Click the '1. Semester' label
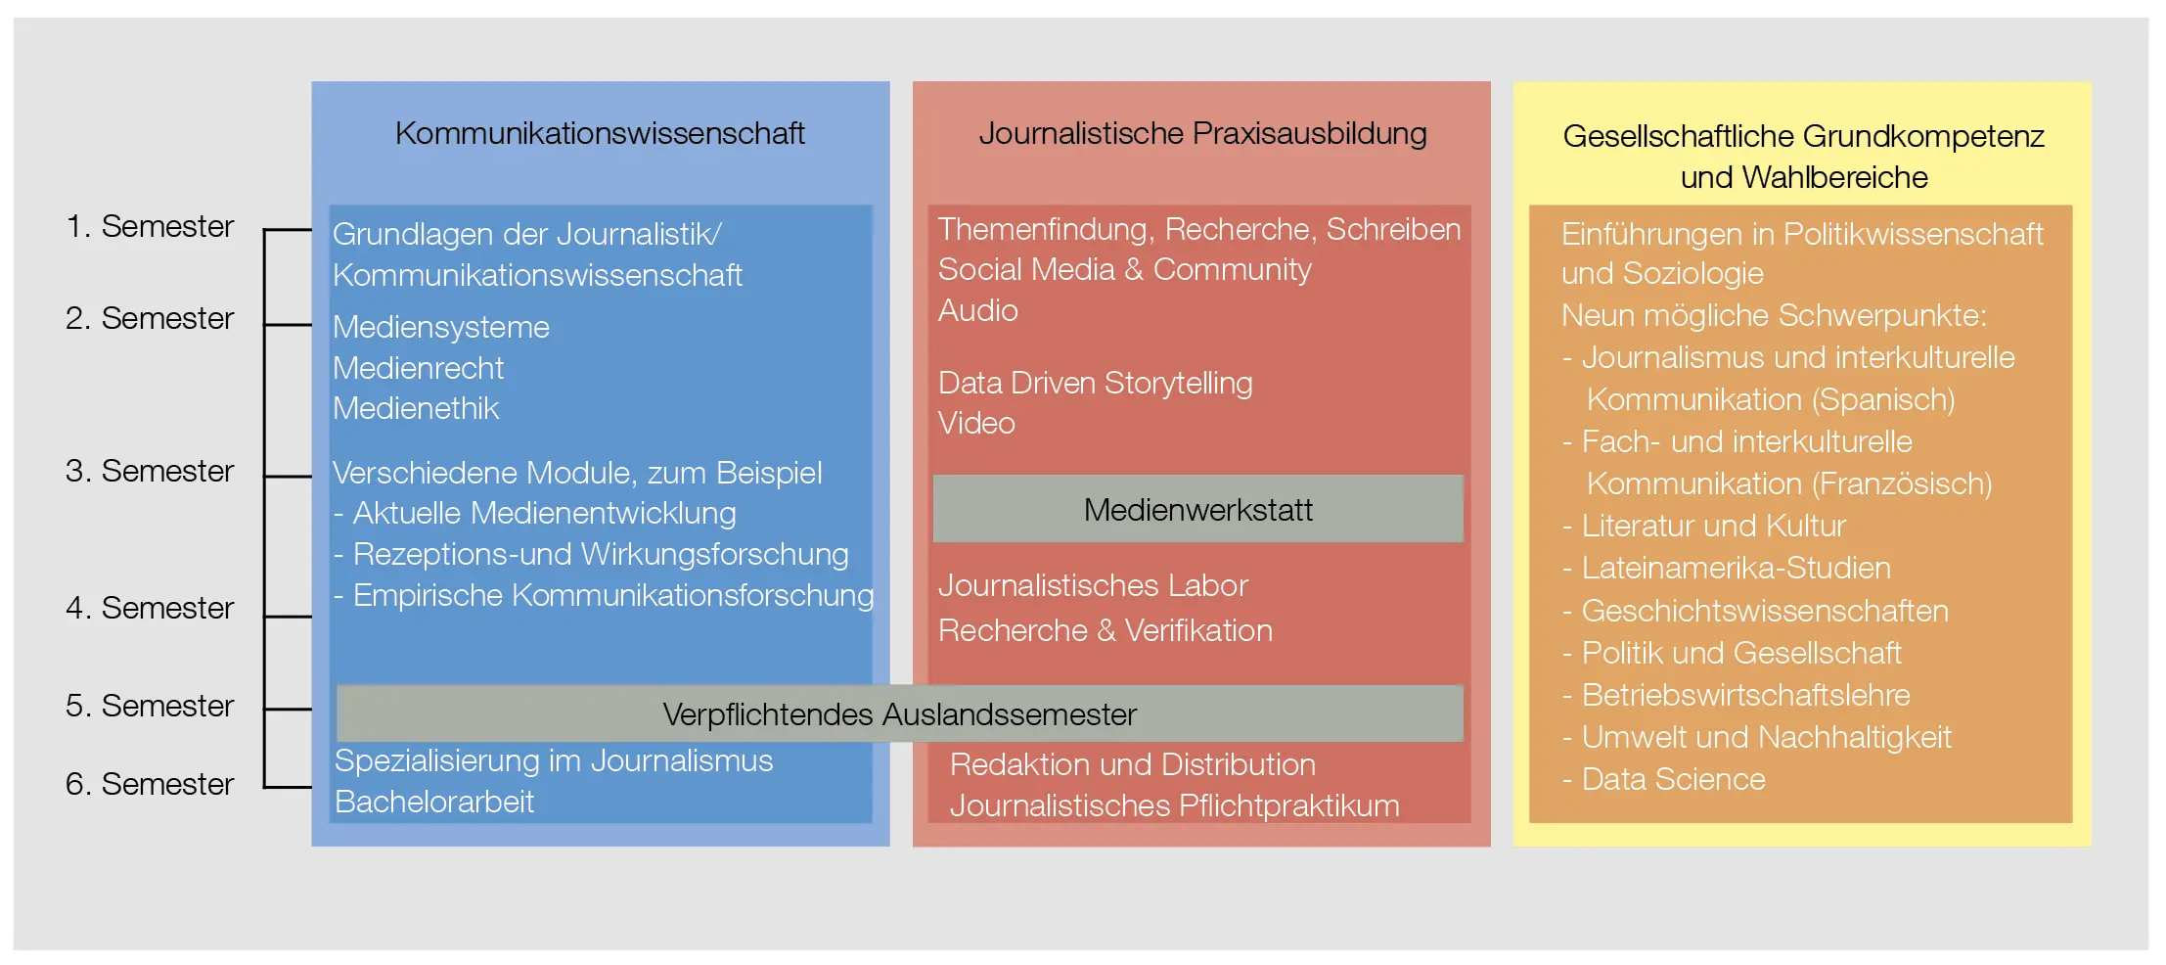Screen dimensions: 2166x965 coord(150,226)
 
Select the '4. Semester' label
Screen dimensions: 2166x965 coord(150,608)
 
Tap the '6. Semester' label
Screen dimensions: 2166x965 coord(150,784)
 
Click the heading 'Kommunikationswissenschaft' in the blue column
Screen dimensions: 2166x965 coord(600,133)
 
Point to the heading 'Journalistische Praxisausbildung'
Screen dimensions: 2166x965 coord(1202,133)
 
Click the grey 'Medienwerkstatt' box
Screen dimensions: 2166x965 coord(1198,509)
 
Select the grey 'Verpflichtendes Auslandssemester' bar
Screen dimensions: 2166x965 coord(900,713)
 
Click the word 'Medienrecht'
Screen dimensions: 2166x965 coord(418,368)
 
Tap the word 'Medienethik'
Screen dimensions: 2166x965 coord(416,408)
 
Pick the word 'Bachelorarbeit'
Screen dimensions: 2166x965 coord(434,802)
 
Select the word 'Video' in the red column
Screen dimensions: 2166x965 coord(976,423)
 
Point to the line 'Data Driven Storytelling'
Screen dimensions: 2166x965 coord(1095,383)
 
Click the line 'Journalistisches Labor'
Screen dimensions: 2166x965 coord(1093,585)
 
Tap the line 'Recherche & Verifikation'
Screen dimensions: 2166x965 coord(1106,630)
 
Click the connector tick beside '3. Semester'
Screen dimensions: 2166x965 coord(289,477)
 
